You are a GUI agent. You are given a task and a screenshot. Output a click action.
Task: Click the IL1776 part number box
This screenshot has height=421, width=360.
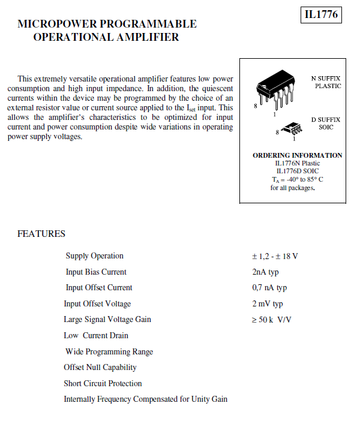coord(321,14)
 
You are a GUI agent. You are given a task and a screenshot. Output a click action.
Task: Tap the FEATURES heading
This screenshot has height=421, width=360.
coord(41,234)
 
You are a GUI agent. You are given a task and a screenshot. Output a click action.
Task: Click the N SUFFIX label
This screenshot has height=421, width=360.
coord(326,79)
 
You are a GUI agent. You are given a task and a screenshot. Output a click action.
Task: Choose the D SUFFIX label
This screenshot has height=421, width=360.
coord(326,119)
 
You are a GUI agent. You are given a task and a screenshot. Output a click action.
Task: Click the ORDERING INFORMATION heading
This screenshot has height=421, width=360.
coord(298,155)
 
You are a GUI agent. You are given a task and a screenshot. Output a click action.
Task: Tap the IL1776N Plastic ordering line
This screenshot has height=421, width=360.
coord(298,163)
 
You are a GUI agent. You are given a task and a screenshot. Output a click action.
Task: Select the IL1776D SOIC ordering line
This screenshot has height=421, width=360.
coord(298,171)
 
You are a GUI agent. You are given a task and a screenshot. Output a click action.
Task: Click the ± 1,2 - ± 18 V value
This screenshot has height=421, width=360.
coord(275,256)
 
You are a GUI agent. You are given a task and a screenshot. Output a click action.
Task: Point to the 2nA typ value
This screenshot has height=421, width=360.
coord(265,272)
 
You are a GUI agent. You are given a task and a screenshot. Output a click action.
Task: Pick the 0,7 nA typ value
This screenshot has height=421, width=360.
coord(269,288)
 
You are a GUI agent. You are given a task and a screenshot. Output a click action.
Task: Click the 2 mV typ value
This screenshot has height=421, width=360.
coord(267,304)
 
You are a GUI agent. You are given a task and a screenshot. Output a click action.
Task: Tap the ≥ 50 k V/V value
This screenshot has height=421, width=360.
coord(271,320)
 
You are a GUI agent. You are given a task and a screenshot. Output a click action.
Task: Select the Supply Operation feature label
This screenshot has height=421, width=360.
coord(95,256)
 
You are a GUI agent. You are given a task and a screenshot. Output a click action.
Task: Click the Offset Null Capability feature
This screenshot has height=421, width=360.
coord(100,367)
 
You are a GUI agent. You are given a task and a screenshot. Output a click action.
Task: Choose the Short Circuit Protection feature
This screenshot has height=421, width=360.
coord(103,383)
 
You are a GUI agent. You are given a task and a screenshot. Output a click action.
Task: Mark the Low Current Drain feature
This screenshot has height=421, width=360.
coord(96,335)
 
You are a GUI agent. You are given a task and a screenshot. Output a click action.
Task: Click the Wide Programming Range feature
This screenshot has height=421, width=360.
coord(109,351)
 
